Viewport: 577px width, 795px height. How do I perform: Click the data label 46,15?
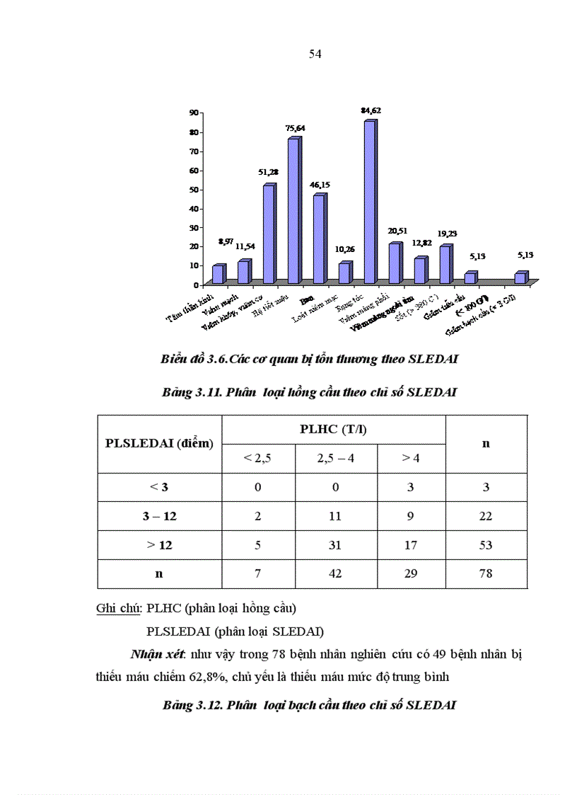[x=320, y=185]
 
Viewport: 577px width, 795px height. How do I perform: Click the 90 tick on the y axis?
[x=193, y=113]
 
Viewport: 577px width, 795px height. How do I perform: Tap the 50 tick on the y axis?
[x=193, y=190]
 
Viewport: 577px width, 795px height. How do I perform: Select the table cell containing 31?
[x=336, y=545]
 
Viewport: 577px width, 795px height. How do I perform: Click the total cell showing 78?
[x=486, y=573]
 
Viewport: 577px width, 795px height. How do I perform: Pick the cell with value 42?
[x=336, y=573]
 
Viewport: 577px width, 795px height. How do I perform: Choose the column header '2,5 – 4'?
[x=336, y=458]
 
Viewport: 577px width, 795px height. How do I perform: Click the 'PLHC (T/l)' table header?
[x=334, y=429]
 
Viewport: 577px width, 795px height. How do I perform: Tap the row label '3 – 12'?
[x=160, y=516]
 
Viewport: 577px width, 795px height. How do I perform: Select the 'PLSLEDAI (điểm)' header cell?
[x=160, y=444]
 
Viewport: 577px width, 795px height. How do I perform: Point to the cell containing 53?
[x=486, y=545]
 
